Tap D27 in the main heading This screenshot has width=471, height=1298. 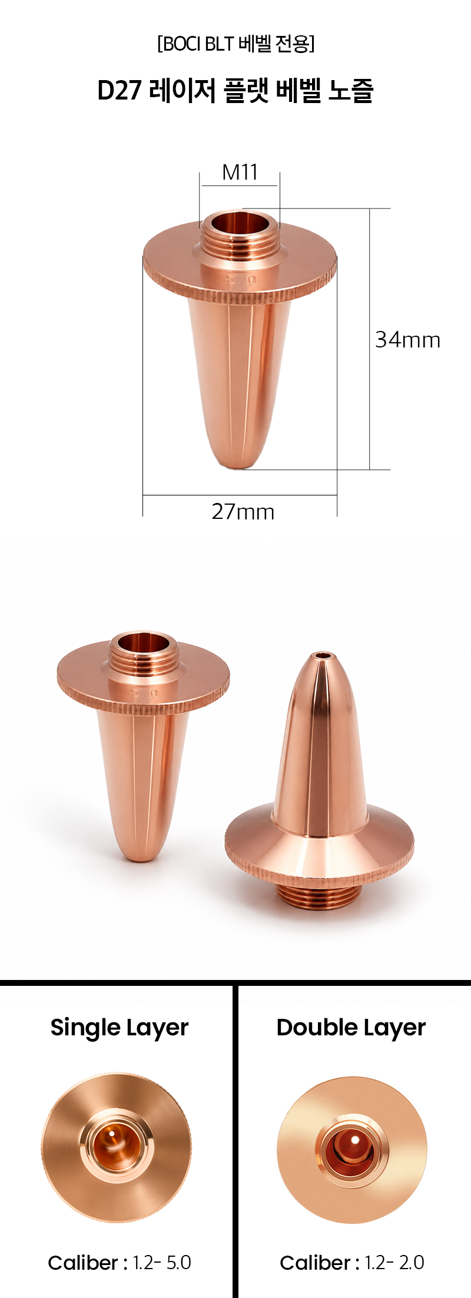tap(120, 91)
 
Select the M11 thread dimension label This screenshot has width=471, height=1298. tap(240, 172)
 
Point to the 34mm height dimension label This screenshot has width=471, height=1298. tap(407, 340)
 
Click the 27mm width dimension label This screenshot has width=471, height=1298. tap(243, 511)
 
